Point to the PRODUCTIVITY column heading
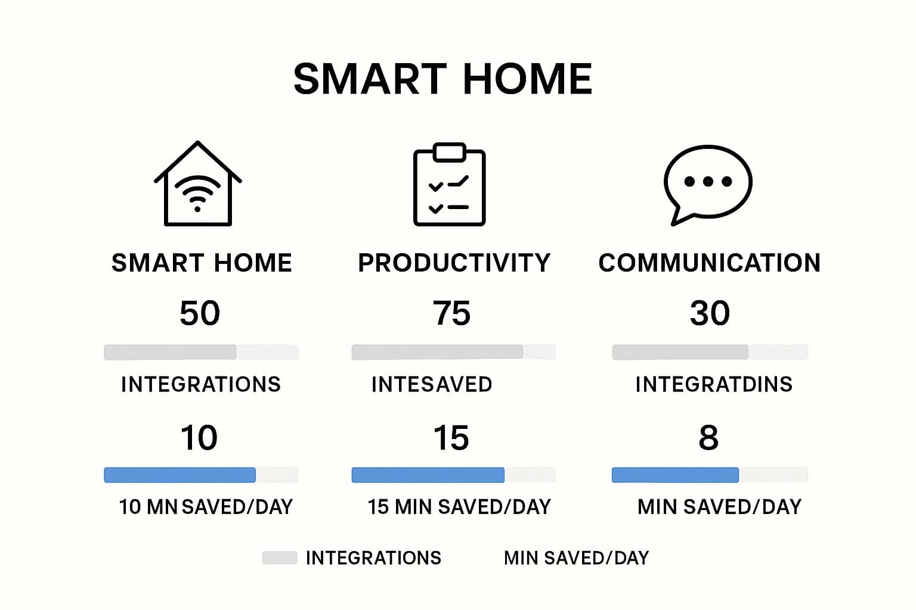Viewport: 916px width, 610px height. click(x=454, y=262)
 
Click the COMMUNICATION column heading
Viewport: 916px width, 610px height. click(x=710, y=262)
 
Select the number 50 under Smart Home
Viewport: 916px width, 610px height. click(x=200, y=313)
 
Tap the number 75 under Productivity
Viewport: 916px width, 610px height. click(x=451, y=313)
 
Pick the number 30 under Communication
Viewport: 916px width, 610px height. click(x=710, y=313)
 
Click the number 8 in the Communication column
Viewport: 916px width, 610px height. click(x=708, y=438)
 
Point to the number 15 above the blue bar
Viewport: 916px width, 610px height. click(x=451, y=438)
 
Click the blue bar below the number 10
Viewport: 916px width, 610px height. click(x=180, y=475)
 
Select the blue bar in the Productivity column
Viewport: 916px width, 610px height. click(x=428, y=475)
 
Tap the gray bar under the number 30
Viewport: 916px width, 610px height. click(x=680, y=352)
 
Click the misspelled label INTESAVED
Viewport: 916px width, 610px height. click(x=432, y=384)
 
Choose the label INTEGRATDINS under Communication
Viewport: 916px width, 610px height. click(x=714, y=384)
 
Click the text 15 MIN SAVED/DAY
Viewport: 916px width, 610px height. click(x=459, y=507)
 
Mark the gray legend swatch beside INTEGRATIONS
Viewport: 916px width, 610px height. click(x=280, y=558)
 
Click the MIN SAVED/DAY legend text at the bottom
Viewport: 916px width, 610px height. click(x=576, y=558)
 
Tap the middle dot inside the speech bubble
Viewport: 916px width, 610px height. click(x=708, y=182)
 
